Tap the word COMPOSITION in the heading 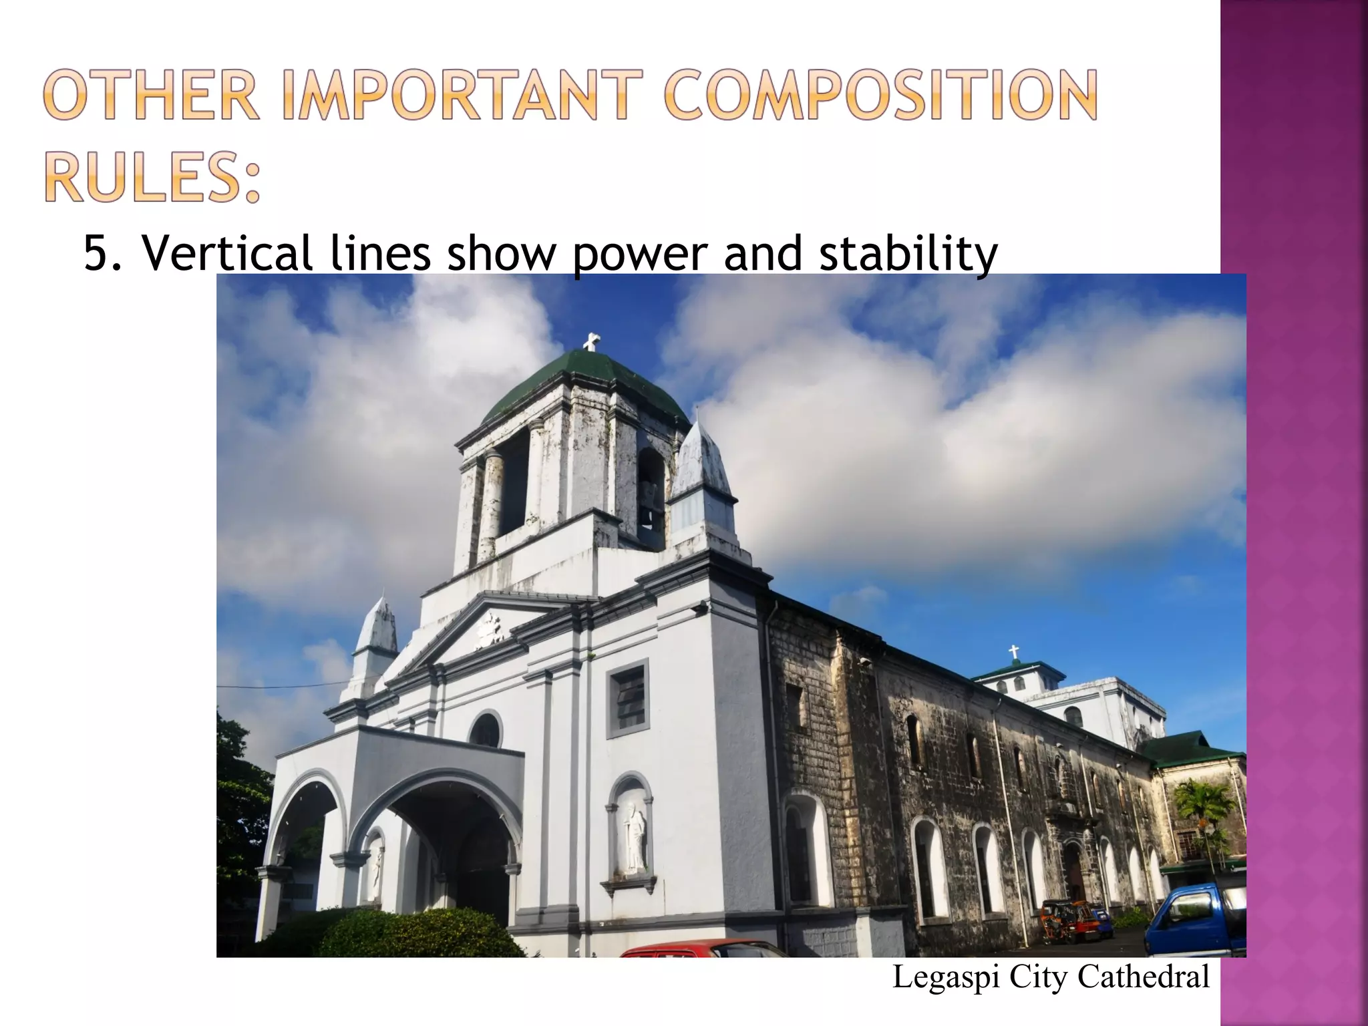(880, 97)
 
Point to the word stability (908, 254)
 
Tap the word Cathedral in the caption (1144, 977)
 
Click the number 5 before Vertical (96, 254)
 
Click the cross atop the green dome (590, 342)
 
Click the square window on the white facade (628, 698)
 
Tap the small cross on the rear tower (1013, 652)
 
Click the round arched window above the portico (486, 730)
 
